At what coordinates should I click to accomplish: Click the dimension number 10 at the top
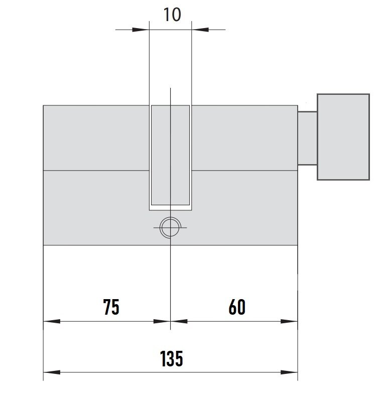(172, 15)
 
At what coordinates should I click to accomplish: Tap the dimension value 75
(111, 307)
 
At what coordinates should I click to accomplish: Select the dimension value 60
(237, 307)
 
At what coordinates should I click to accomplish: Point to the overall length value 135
(172, 358)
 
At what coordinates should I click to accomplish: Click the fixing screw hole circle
(170, 217)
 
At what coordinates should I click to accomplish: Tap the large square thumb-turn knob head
(343, 137)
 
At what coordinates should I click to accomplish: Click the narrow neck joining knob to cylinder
(307, 138)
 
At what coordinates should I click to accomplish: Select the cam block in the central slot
(171, 155)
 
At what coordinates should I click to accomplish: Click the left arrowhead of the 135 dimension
(52, 372)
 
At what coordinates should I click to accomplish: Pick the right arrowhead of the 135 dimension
(289, 372)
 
